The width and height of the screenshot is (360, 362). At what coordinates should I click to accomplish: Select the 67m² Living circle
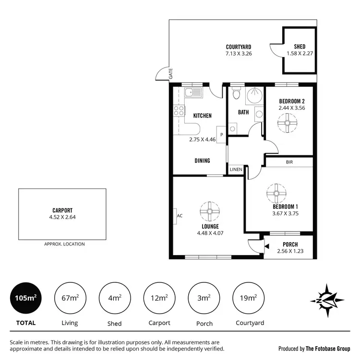(x=70, y=298)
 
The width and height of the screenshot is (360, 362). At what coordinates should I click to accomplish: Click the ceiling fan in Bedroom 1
(x=276, y=193)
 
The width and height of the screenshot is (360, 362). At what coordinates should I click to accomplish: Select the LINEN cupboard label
(x=236, y=170)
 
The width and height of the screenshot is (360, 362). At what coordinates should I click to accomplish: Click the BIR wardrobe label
(x=289, y=163)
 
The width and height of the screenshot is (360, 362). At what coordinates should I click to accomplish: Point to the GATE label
(x=170, y=74)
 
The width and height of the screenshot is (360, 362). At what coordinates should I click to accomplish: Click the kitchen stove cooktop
(x=179, y=111)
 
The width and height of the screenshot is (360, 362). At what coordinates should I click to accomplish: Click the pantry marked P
(x=221, y=135)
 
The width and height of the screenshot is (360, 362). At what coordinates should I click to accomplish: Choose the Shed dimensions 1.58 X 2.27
(x=300, y=54)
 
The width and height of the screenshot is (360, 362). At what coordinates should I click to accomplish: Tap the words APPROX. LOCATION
(x=64, y=244)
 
